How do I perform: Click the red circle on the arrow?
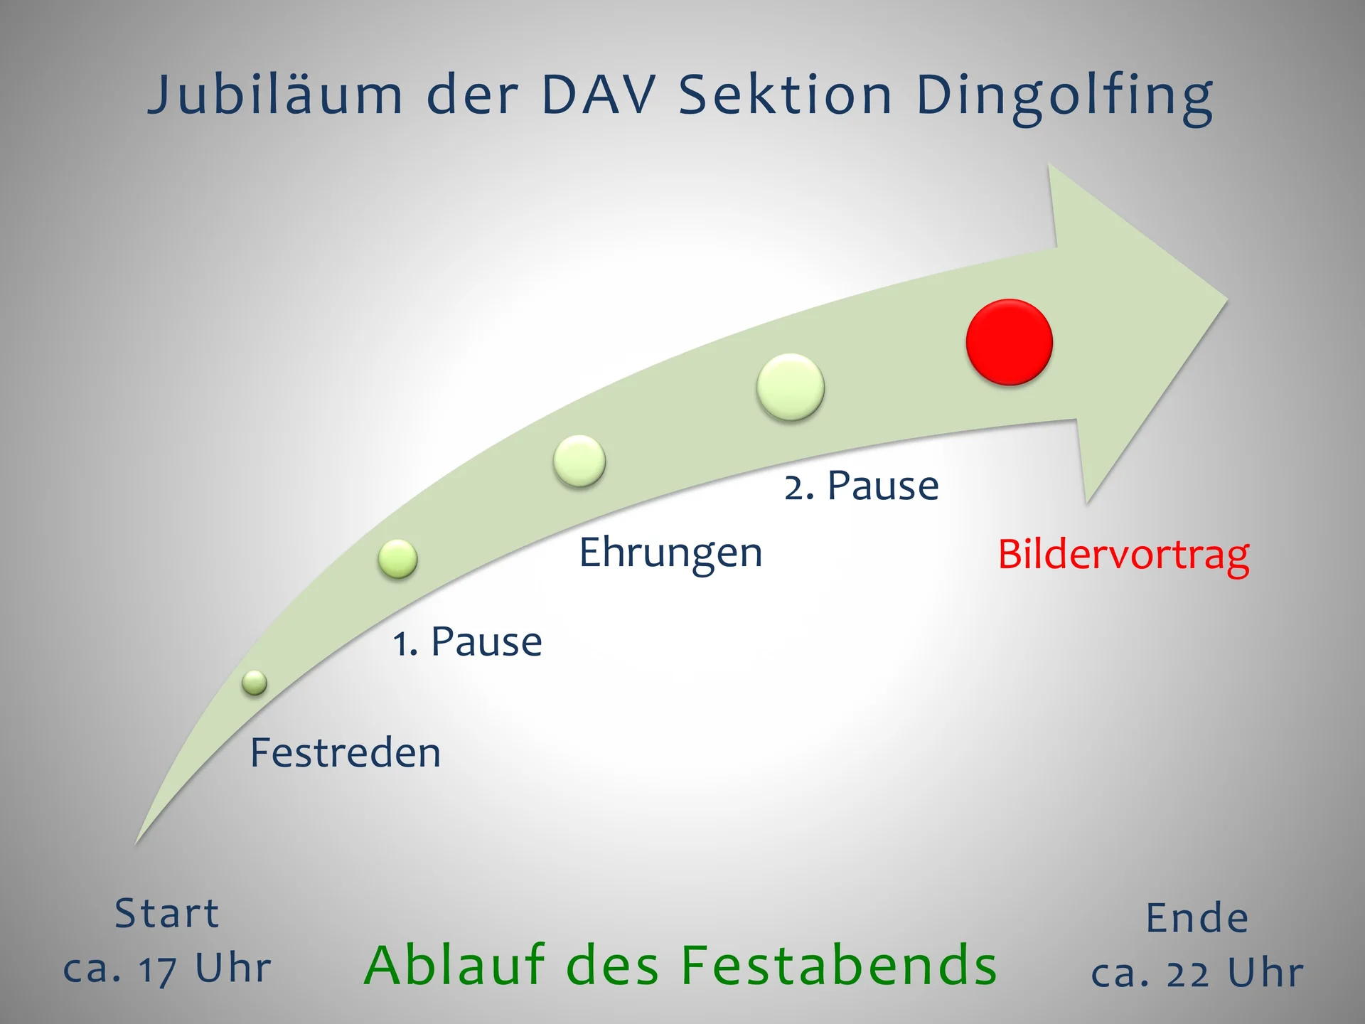tap(1010, 342)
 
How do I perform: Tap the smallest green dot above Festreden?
tap(255, 683)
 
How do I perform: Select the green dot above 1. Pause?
tap(398, 558)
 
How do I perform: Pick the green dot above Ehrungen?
tap(579, 461)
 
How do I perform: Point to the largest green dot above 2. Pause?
tap(791, 388)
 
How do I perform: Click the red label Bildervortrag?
tap(1123, 555)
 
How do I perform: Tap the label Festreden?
tap(346, 752)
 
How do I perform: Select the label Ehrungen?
tap(670, 553)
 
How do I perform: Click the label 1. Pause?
tap(468, 641)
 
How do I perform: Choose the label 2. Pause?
tap(862, 486)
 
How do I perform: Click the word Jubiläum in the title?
tap(275, 95)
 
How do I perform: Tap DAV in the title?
tap(598, 95)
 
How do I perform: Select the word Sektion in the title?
tap(786, 95)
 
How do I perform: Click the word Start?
tap(167, 913)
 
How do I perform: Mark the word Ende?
tap(1197, 918)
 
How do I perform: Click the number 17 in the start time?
tap(158, 969)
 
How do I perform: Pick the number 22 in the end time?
tap(1188, 974)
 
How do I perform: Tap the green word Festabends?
tap(839, 965)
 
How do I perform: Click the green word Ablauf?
tap(455, 965)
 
